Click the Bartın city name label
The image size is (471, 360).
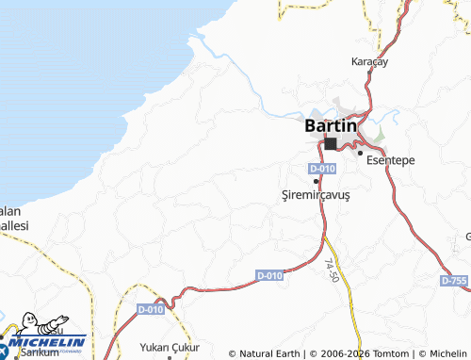point(331,124)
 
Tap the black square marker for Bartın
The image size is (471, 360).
point(331,144)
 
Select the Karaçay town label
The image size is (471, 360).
point(369,61)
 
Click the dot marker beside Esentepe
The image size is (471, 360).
point(359,151)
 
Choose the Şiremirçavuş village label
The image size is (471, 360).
point(316,194)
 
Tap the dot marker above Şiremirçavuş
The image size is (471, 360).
point(316,180)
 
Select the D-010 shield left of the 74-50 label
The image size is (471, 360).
point(268,275)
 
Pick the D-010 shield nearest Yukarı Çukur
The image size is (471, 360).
point(151,309)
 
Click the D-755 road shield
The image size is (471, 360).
point(453,281)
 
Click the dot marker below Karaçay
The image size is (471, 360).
point(368,74)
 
